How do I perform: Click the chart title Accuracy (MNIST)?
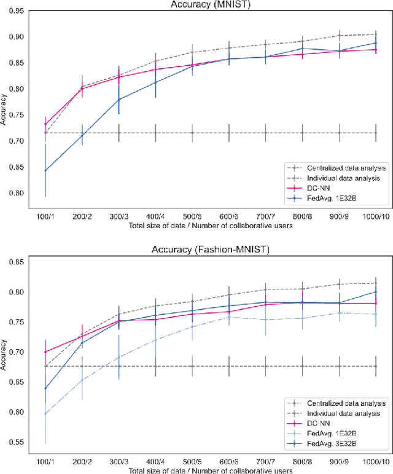209,4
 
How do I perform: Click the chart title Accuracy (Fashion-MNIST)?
209,250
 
